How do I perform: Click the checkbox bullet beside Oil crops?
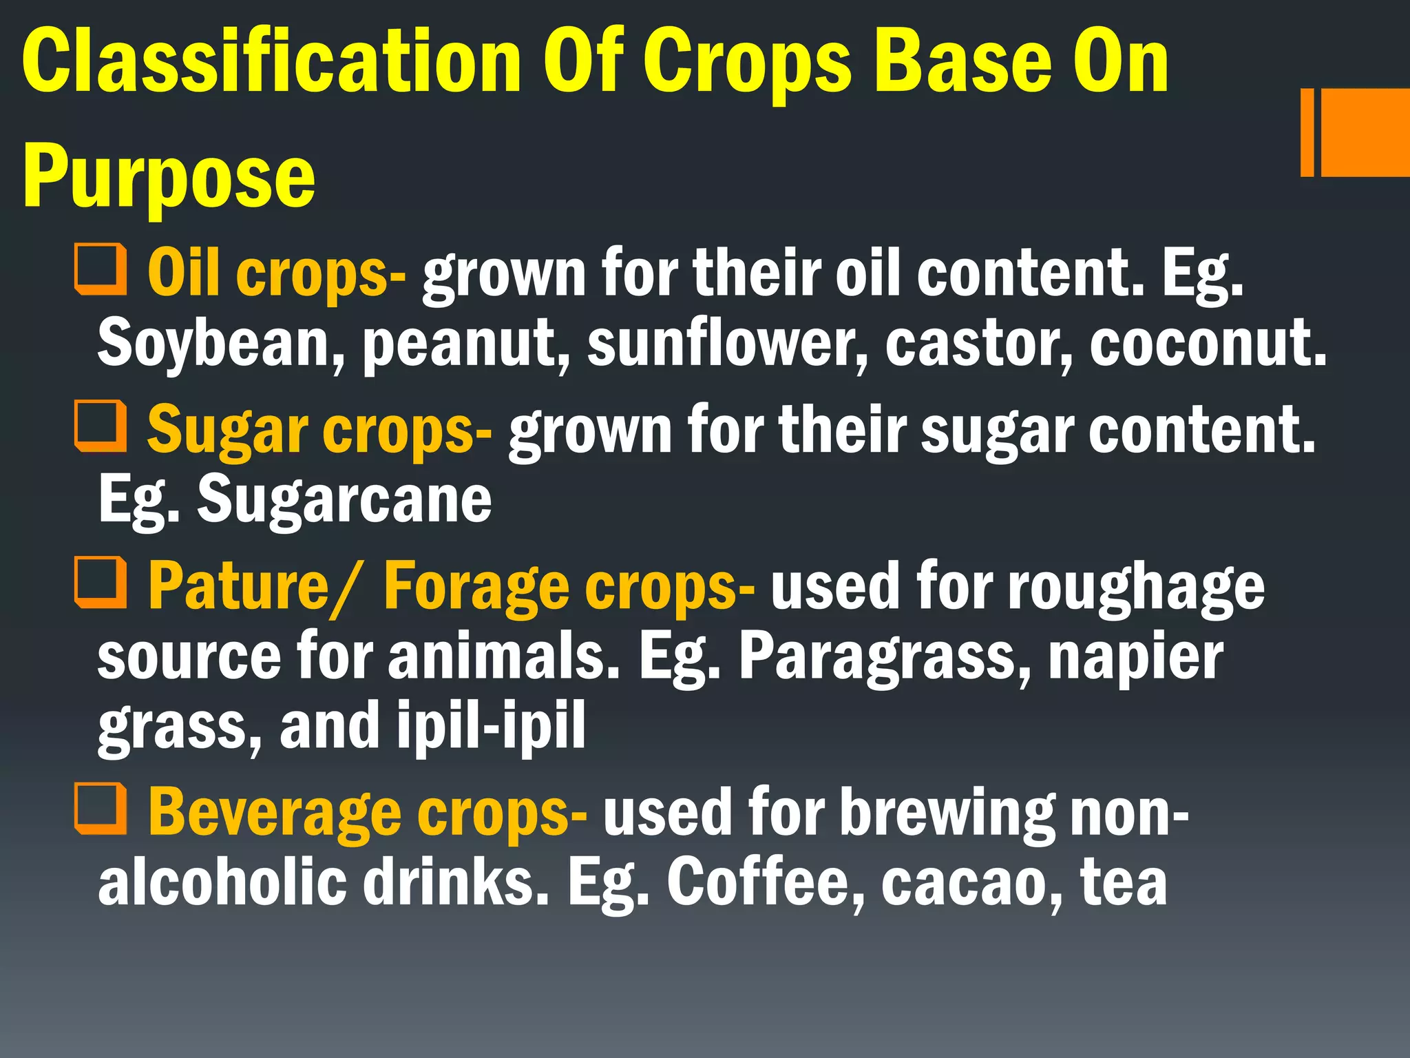101,269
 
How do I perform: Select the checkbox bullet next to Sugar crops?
101,426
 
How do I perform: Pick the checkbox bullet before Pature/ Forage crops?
101,583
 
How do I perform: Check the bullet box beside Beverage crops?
101,809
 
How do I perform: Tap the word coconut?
1208,344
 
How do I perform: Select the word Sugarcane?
344,500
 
